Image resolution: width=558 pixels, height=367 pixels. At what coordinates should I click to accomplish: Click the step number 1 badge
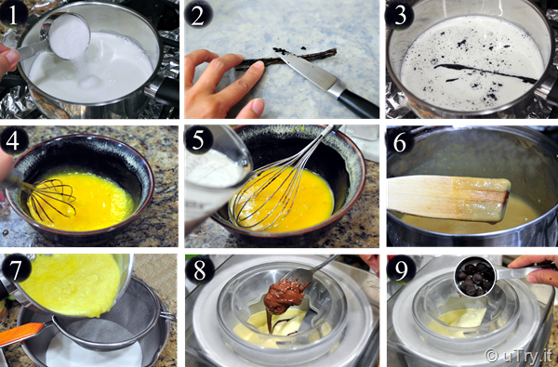tap(14, 15)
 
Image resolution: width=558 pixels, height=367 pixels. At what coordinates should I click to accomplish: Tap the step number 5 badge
tap(198, 139)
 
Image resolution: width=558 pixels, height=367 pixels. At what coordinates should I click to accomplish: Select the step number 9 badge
tap(402, 269)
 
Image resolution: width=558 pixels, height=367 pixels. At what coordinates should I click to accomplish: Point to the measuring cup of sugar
tap(68, 36)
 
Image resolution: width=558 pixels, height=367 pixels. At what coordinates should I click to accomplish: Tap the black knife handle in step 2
tap(357, 103)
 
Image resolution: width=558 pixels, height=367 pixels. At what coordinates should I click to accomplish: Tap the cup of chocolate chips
tap(476, 277)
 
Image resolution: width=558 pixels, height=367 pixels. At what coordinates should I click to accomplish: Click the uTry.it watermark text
tap(519, 355)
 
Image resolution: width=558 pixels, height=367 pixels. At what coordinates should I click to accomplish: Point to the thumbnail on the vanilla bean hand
tap(258, 106)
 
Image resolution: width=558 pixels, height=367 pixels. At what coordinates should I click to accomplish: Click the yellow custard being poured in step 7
tap(72, 284)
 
